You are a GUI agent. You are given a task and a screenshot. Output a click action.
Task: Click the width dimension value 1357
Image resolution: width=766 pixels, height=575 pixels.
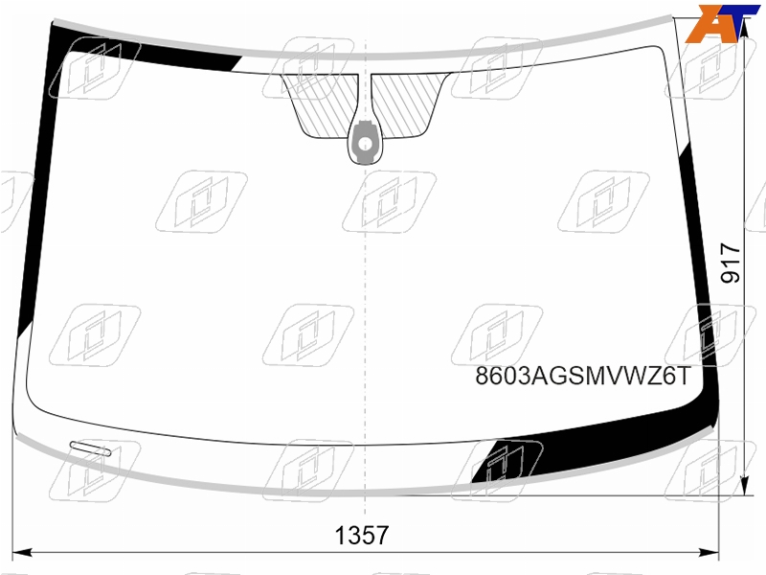click(362, 535)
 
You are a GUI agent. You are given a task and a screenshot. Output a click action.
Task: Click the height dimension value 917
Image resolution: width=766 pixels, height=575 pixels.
click(731, 263)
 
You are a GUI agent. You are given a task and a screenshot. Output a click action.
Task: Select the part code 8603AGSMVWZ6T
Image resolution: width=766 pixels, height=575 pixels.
click(584, 376)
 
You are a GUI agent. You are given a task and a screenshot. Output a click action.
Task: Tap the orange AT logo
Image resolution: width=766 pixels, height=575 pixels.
click(722, 23)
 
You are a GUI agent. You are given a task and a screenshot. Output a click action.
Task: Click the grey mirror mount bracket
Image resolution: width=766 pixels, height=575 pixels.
click(365, 141)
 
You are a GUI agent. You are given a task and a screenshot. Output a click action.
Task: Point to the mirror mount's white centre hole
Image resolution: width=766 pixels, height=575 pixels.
click(365, 144)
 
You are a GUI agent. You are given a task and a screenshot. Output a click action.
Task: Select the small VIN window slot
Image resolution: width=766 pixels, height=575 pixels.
click(90, 448)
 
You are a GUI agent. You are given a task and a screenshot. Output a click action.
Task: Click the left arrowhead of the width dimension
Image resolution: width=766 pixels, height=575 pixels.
click(21, 553)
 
